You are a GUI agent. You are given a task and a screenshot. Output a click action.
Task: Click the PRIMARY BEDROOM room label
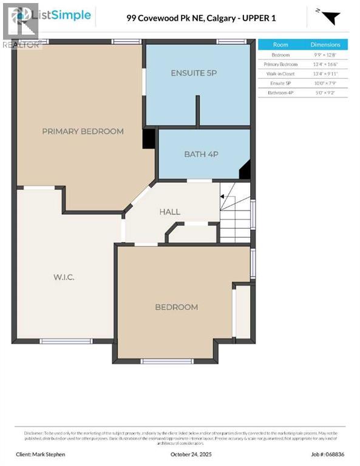point(83,131)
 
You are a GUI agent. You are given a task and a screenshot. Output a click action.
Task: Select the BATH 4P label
point(201,154)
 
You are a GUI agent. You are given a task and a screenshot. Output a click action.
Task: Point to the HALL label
point(169,212)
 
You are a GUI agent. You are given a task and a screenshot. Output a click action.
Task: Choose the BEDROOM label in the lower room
point(176,307)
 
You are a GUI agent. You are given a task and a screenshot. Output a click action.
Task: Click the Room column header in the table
point(280,45)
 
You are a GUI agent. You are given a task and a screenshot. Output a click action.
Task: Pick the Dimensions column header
point(325,45)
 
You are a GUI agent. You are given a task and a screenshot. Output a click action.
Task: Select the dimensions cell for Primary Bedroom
point(325,64)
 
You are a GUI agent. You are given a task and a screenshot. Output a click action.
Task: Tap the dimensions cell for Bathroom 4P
point(325,93)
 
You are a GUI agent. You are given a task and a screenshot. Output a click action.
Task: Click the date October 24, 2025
point(180,454)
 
